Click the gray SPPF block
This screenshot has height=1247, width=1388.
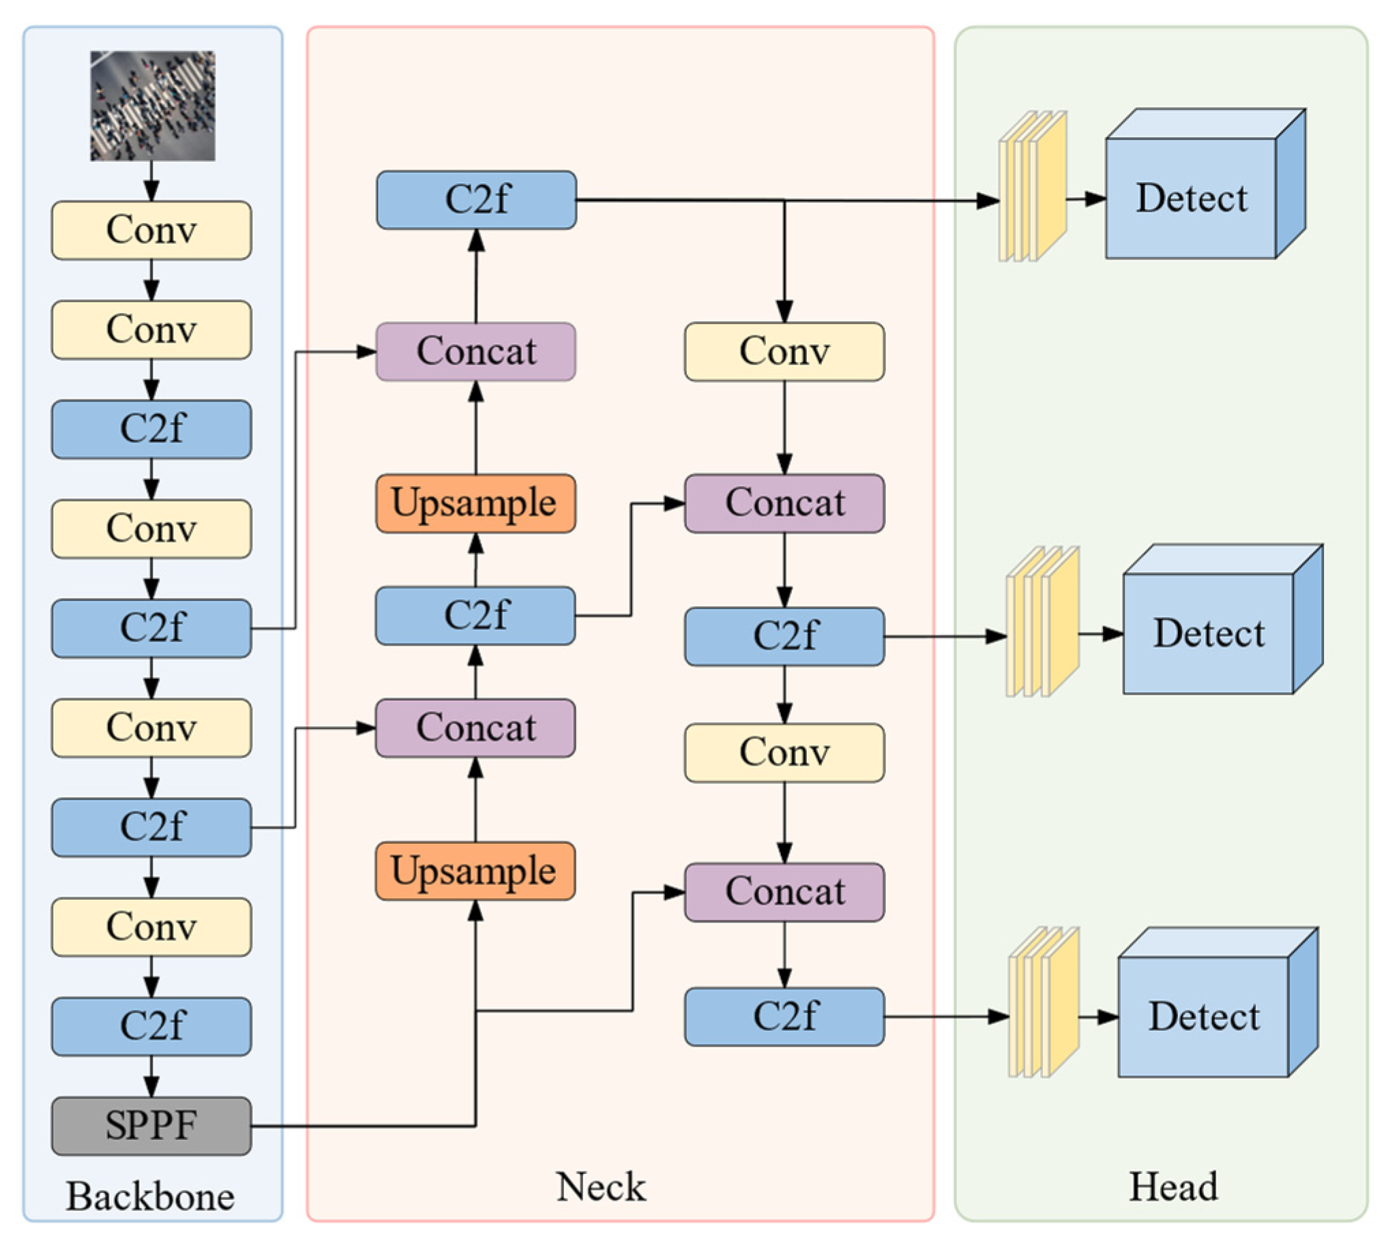click(151, 1126)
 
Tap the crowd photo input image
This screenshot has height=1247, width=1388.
click(152, 106)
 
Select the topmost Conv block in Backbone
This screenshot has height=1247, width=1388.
click(151, 230)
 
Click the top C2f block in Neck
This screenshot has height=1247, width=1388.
click(476, 199)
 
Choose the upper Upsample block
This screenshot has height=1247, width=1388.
click(475, 503)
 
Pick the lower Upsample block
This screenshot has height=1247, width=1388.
click(475, 871)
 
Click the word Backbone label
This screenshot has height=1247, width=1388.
click(150, 1197)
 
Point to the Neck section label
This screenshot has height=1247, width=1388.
click(600, 1187)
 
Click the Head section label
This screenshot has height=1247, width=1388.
click(1172, 1187)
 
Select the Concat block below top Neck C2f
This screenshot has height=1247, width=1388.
click(475, 351)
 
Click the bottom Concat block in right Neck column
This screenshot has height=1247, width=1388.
click(784, 891)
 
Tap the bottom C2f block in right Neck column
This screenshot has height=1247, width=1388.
click(784, 1016)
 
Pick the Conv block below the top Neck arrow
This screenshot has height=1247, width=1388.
click(784, 351)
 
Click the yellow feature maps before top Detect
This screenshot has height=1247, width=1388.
click(1033, 186)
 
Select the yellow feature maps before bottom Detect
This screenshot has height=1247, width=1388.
click(1044, 1002)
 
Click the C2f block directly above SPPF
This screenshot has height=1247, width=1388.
click(151, 1025)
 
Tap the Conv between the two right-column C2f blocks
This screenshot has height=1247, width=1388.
click(784, 752)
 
